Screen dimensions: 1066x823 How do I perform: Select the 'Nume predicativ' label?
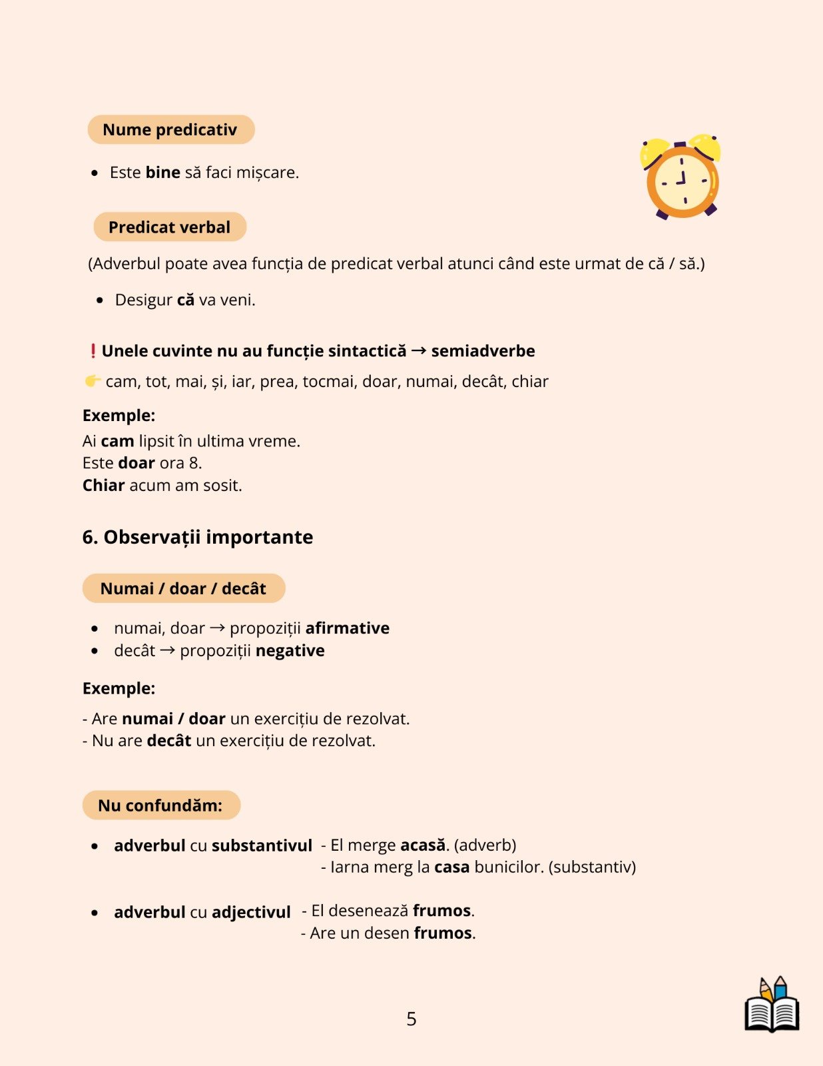click(170, 130)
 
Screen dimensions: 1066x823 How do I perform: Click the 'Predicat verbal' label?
click(170, 227)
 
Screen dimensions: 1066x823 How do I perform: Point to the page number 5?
click(411, 1019)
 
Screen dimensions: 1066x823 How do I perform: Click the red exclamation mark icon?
click(93, 351)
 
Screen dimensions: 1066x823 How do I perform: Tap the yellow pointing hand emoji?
click(93, 381)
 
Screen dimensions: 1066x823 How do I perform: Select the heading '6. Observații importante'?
click(198, 537)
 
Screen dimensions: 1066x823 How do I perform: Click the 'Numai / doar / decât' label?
click(183, 588)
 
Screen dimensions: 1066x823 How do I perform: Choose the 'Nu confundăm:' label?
click(160, 805)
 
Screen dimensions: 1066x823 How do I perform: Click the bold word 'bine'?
click(163, 173)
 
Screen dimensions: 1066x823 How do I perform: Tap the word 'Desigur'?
click(144, 300)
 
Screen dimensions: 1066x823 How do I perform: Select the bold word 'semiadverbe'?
click(483, 351)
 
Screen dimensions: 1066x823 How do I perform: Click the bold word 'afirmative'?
click(348, 628)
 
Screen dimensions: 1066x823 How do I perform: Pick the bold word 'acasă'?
click(423, 845)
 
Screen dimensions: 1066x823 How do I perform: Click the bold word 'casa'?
click(452, 867)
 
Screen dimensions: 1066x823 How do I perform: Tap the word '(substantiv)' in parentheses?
click(592, 867)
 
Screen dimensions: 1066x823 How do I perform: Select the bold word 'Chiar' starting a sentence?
click(103, 486)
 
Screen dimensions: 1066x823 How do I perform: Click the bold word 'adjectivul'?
click(251, 912)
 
